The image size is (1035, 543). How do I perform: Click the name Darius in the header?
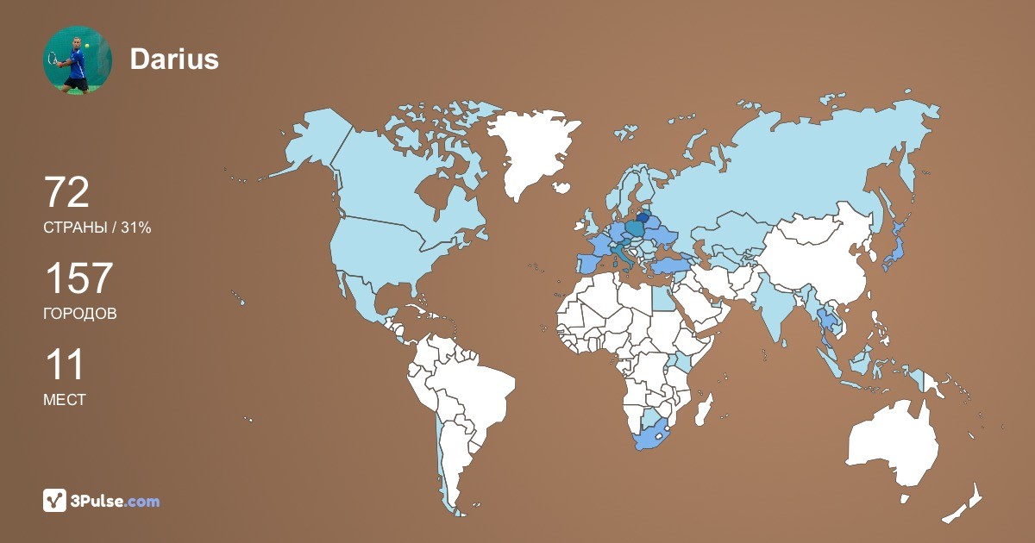(x=174, y=59)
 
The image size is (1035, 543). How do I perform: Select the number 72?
(x=66, y=192)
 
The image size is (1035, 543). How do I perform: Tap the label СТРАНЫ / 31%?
(x=97, y=228)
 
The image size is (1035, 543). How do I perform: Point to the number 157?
(x=78, y=278)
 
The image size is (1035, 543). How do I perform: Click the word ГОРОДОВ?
(x=80, y=314)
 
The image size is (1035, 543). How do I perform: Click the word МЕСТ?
(x=65, y=400)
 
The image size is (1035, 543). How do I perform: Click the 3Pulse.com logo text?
(x=116, y=501)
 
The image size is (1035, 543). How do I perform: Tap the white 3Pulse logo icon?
(x=55, y=500)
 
